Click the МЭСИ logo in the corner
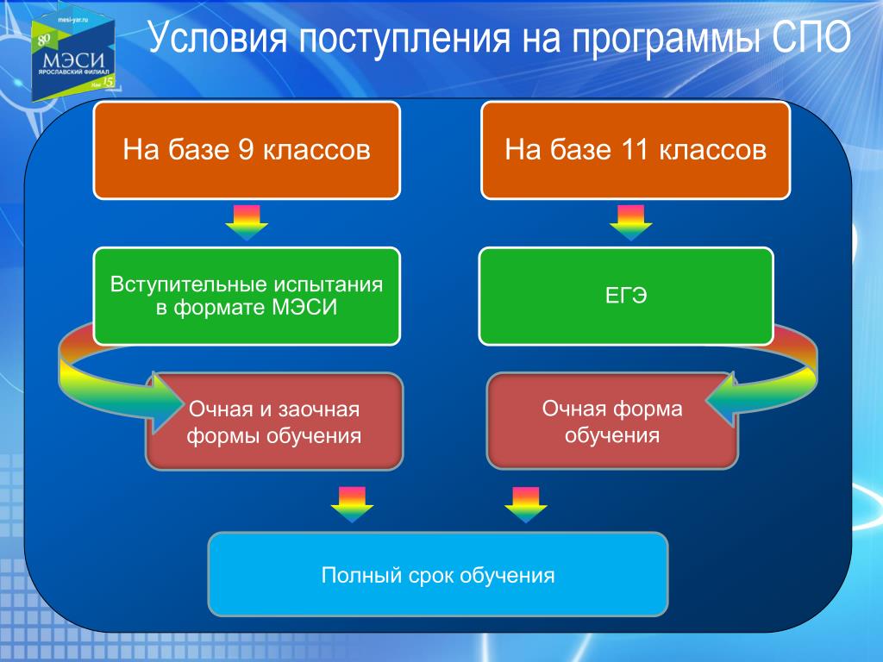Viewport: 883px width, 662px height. (73, 57)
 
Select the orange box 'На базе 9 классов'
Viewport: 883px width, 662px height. (247, 150)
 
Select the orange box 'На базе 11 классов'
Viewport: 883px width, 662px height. (636, 150)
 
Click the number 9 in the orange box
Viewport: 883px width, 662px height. (246, 150)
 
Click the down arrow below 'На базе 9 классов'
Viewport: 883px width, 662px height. (247, 223)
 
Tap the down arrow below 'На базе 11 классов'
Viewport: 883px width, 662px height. (630, 223)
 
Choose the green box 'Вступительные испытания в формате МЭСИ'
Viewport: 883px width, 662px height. (247, 297)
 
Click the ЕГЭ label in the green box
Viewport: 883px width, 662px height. (626, 296)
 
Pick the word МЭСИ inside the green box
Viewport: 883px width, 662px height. (304, 308)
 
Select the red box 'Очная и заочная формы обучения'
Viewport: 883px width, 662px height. (275, 421)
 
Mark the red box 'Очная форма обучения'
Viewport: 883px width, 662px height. (612, 421)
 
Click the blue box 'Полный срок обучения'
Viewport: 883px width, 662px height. (438, 574)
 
